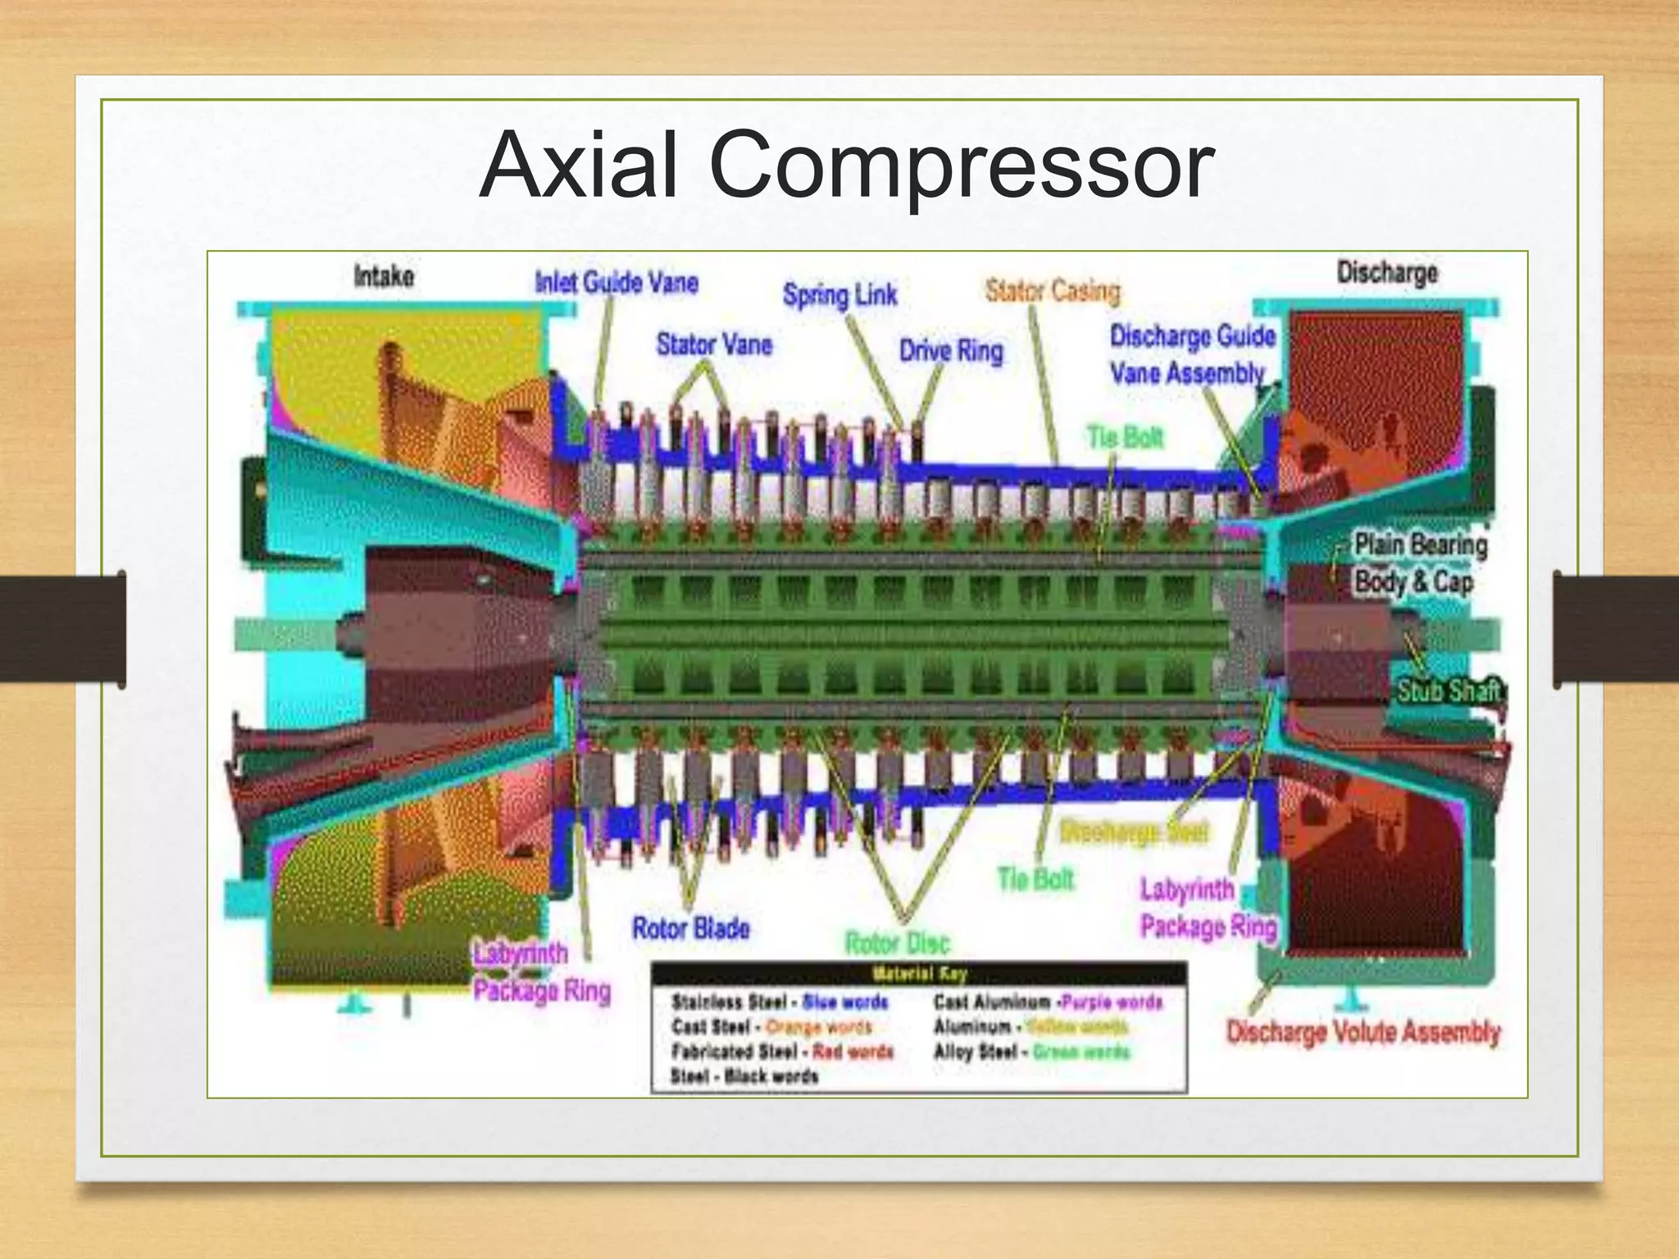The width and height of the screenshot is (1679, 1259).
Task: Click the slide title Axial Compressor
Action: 846,167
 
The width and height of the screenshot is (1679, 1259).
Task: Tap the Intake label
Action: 384,276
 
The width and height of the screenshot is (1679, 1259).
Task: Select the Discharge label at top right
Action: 1386,272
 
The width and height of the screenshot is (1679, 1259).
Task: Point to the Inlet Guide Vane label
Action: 617,283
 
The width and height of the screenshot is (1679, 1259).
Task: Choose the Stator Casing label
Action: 1053,291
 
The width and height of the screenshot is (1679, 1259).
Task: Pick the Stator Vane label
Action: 714,345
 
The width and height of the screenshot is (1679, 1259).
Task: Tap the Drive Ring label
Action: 951,352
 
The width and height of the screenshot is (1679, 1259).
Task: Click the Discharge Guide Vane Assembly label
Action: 1192,355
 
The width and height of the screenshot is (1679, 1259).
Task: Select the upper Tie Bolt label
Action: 1125,438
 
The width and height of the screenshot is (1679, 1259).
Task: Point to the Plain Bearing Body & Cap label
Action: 1419,564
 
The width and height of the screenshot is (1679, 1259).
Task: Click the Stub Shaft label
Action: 1449,691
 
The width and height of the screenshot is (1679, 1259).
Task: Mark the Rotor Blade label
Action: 690,929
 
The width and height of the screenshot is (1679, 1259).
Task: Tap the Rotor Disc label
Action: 897,943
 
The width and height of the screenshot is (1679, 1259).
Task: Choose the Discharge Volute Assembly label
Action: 1363,1032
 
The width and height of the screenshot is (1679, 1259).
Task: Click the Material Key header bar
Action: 918,975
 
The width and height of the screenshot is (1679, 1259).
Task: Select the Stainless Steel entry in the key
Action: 779,1002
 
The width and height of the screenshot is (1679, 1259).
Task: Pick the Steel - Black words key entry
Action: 744,1076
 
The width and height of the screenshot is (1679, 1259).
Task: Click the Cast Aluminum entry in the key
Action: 1048,1002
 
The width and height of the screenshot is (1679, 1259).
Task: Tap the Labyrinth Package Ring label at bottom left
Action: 542,973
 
